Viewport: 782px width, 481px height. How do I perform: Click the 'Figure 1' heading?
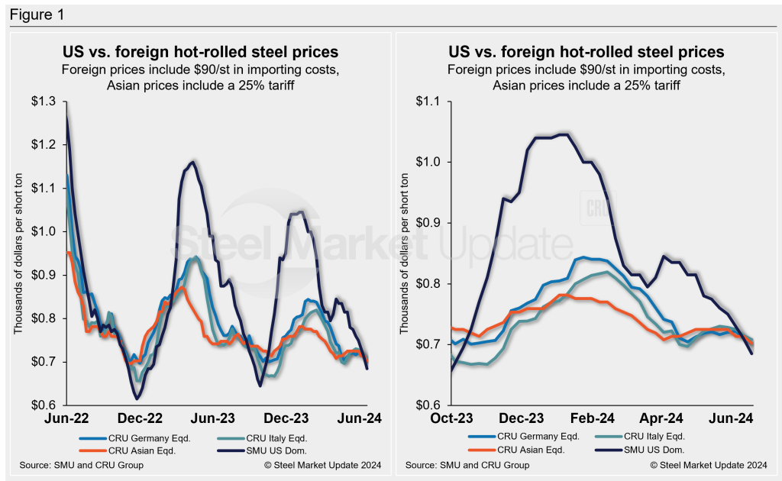click(34, 15)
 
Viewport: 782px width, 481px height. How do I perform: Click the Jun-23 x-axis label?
click(218, 418)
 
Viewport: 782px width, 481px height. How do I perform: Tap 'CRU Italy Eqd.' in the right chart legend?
click(651, 437)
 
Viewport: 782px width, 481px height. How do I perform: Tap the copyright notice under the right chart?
click(708, 465)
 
